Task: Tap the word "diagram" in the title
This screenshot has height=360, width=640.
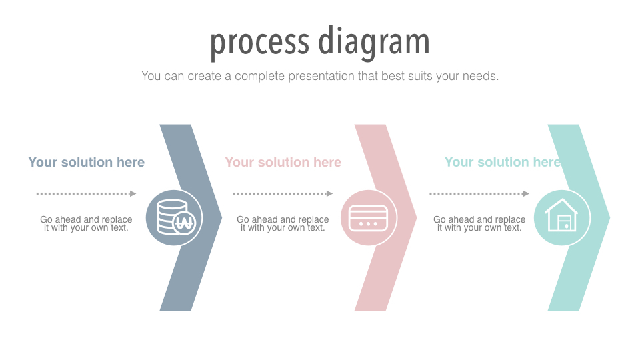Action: (373, 41)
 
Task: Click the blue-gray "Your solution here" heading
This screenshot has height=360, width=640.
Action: (86, 162)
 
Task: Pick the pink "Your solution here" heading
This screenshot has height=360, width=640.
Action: (283, 162)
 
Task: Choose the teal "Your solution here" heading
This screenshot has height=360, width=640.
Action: (503, 162)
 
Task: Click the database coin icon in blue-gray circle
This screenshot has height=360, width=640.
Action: (176, 217)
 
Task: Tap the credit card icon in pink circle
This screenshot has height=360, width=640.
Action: (368, 218)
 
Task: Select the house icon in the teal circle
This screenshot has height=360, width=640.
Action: (561, 215)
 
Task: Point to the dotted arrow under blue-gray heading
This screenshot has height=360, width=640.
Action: (86, 193)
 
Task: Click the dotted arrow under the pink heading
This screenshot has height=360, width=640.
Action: (283, 193)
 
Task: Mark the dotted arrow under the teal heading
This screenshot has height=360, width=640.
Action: (479, 193)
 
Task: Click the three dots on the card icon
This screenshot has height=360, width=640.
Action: (368, 224)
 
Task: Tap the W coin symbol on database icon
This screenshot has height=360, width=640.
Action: (185, 223)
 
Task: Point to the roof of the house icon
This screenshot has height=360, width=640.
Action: (561, 206)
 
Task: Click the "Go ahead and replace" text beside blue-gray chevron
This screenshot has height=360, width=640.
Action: (86, 219)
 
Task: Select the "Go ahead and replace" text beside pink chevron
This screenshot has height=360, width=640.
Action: (283, 219)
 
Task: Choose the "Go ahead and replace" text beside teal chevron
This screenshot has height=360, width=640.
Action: (479, 219)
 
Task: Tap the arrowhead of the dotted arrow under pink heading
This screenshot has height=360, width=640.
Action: (330, 193)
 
